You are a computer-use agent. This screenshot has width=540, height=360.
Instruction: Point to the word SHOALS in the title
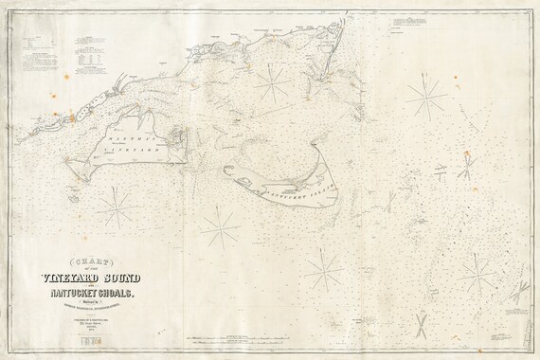click(x=128, y=294)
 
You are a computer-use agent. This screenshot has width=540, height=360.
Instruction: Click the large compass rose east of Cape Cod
click(x=426, y=94)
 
